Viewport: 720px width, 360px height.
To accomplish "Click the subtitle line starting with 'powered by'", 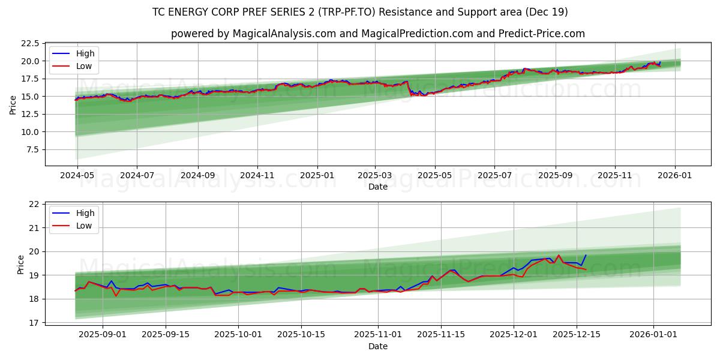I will point(378,34).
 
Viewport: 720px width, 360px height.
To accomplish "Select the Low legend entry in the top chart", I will point(84,66).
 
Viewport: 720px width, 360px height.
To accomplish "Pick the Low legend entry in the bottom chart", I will point(84,226).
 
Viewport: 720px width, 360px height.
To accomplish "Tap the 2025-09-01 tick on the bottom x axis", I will point(103,334).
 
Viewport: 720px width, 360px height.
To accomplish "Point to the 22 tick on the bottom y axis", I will point(34,205).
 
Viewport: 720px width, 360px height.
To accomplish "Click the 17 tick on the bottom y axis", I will point(34,323).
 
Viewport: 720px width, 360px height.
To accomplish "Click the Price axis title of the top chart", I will point(13,105).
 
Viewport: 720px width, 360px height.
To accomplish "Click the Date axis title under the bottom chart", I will point(378,346).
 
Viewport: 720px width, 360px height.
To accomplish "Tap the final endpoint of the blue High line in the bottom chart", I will point(586,256).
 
